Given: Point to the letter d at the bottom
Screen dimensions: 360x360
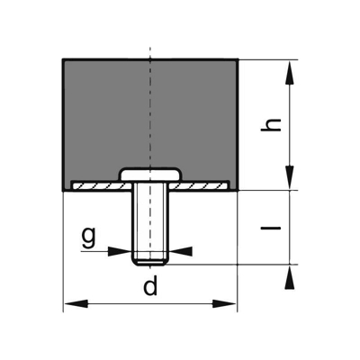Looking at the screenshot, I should pyautogui.click(x=150, y=287).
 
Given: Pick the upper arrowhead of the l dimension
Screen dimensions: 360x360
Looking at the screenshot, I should pyautogui.click(x=290, y=201).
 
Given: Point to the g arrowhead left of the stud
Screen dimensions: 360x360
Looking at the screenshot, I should pyautogui.click(x=118, y=252).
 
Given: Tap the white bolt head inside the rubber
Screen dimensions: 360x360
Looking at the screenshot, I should pyautogui.click(x=149, y=173).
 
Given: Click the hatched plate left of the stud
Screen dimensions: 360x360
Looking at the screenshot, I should pyautogui.click(x=99, y=185).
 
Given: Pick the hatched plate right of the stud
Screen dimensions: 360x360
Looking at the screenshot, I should pyautogui.click(x=202, y=185).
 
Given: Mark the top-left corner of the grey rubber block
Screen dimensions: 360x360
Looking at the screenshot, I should pyautogui.click(x=64, y=60).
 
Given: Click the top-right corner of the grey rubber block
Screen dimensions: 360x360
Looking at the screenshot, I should pyautogui.click(x=238, y=60).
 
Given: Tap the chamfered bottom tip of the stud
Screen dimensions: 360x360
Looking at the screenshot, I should pyautogui.click(x=149, y=263).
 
